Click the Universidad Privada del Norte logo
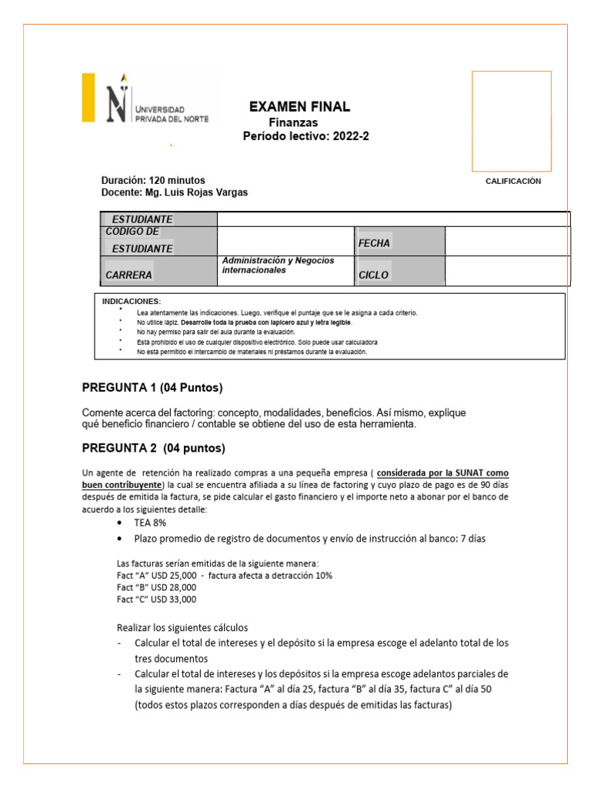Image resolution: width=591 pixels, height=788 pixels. pos(146,98)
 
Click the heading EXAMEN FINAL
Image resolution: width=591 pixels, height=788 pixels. pos(299,107)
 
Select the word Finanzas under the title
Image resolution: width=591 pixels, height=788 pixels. pos(293,123)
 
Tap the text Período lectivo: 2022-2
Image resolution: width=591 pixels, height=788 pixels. pos(306,136)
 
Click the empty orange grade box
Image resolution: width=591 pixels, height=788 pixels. pos(511,121)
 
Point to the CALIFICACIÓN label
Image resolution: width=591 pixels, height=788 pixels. pos(513,182)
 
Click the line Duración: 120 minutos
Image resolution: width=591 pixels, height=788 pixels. pos(153,180)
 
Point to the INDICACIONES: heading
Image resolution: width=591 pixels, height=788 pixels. pos(132,301)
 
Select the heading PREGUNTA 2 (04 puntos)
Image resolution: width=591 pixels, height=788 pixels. pos(154,448)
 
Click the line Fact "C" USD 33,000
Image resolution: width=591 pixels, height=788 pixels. pos(156,599)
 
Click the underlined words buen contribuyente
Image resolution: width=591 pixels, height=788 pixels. pos(122,485)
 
